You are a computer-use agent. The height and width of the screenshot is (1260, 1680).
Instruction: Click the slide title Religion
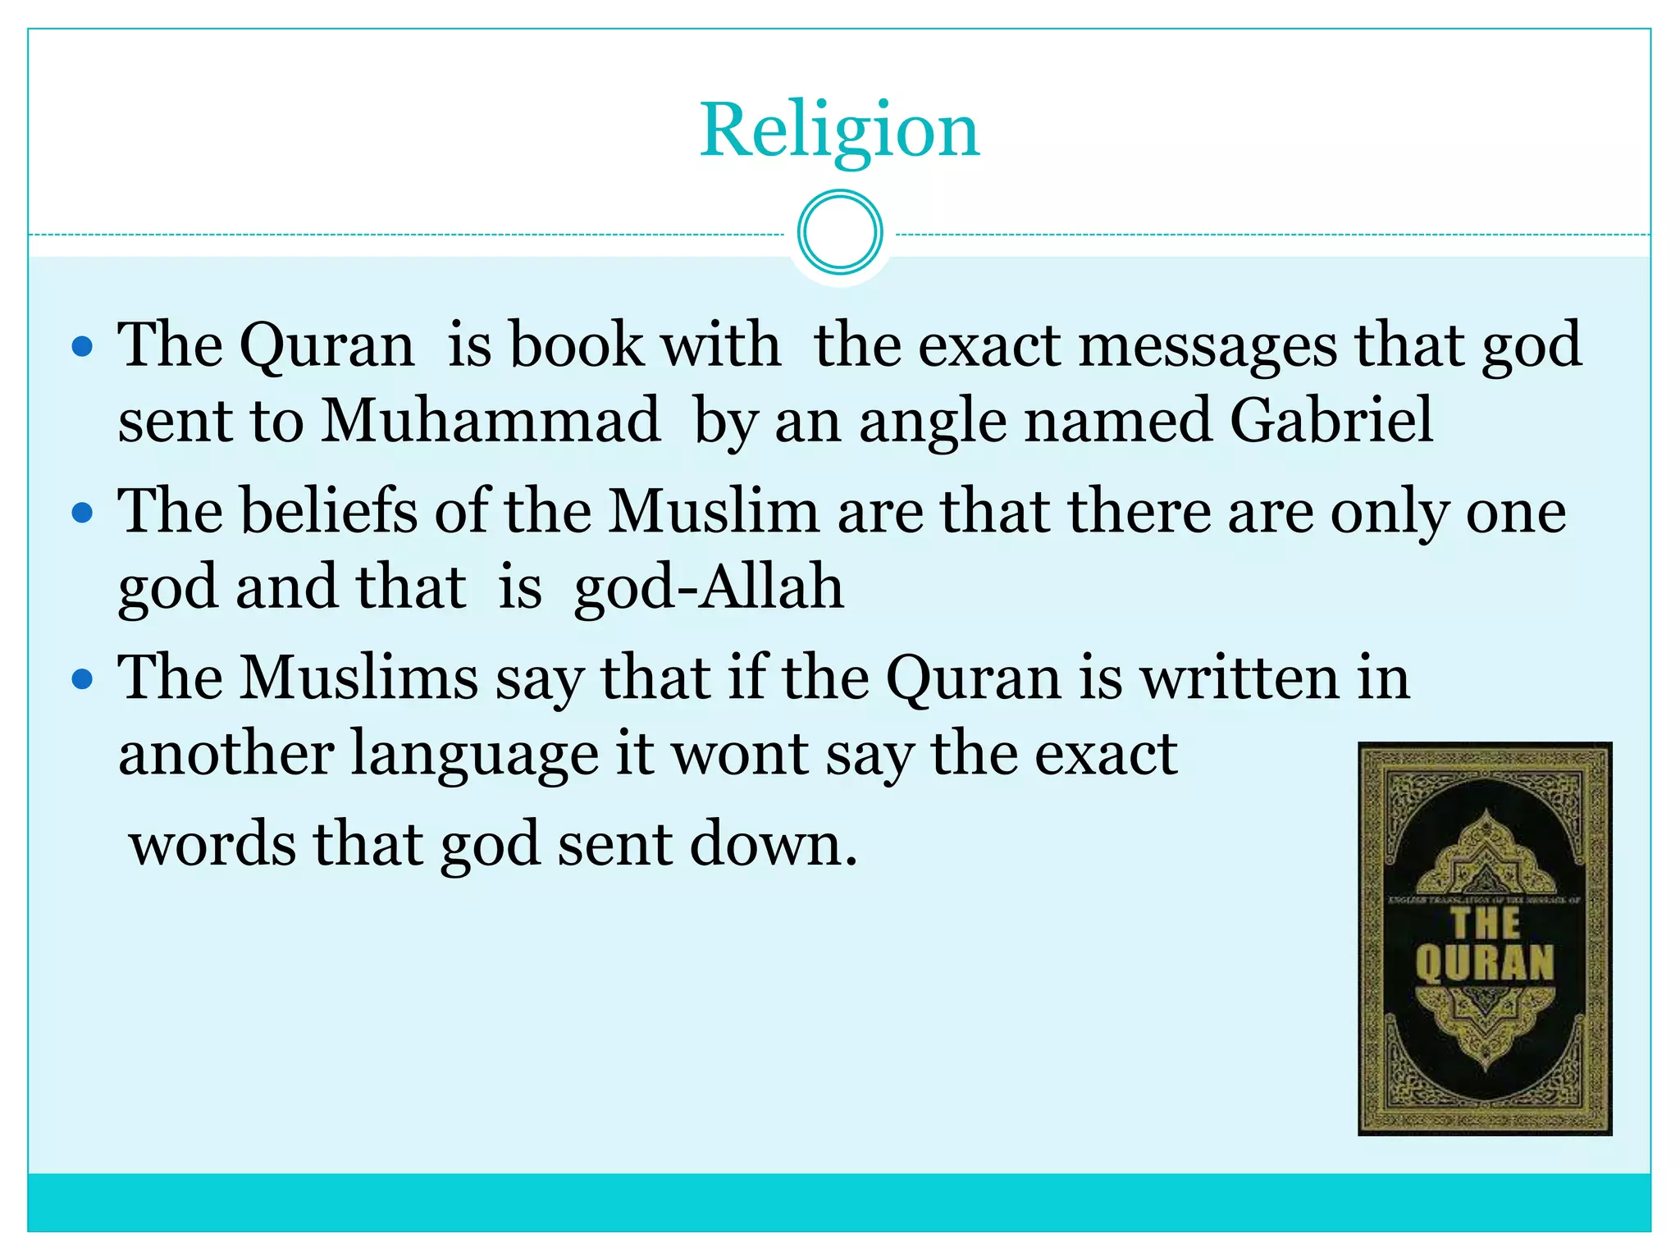coord(839,130)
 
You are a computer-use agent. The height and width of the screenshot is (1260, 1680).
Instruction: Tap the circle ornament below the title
coord(839,232)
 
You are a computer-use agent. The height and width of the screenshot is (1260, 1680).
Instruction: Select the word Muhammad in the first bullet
coord(490,421)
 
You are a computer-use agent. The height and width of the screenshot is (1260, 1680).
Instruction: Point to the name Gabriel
coord(1331,421)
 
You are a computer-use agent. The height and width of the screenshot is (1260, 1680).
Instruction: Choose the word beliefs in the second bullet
coord(328,511)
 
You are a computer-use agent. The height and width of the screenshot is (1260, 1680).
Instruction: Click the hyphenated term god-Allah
coord(708,588)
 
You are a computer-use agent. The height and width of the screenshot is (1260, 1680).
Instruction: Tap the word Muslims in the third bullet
coord(358,678)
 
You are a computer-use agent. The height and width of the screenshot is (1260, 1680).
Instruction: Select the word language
coord(475,755)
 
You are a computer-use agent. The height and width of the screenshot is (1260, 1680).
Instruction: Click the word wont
coord(740,755)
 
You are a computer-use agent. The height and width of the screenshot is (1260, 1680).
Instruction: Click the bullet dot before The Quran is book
coord(82,347)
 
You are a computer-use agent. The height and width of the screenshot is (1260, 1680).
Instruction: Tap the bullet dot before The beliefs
coord(82,514)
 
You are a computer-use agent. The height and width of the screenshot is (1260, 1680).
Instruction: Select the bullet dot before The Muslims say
coord(82,680)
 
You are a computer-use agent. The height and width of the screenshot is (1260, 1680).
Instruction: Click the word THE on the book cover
coord(1486,923)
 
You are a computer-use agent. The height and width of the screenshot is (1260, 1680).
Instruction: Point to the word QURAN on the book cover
coord(1485,964)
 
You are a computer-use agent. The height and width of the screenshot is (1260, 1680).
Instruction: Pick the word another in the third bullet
coord(226,755)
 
